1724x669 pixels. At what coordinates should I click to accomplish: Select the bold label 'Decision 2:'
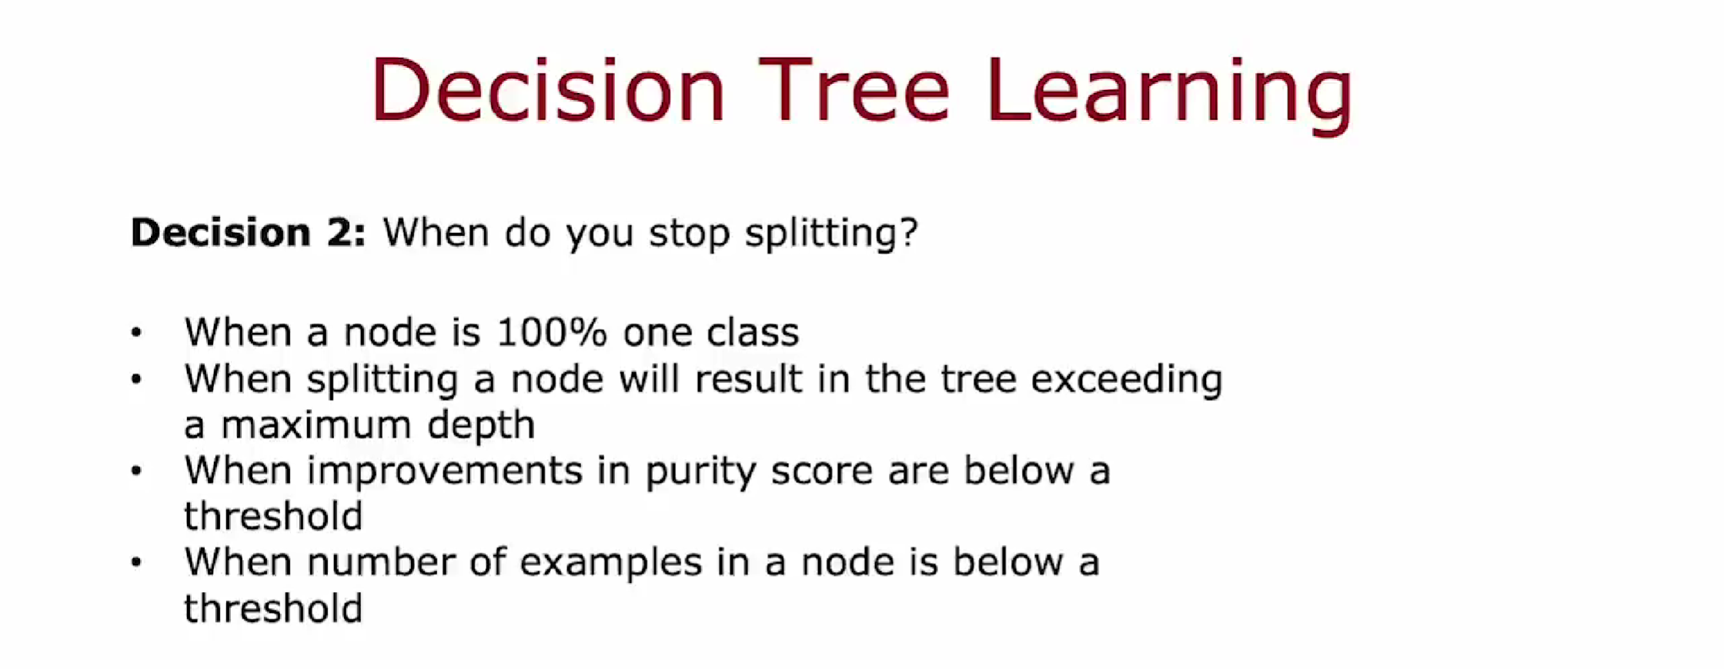tap(248, 232)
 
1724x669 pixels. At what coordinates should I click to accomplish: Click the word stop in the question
tap(689, 234)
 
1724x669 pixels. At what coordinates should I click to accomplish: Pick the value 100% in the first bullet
tap(552, 332)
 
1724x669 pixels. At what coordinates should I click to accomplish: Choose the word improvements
tap(445, 471)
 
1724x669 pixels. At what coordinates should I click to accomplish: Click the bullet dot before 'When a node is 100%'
tap(136, 332)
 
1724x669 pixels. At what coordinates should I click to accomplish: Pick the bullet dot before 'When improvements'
tap(136, 471)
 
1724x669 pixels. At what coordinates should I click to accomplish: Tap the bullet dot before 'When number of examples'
tap(136, 563)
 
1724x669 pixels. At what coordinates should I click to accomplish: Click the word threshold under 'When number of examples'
tap(273, 608)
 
